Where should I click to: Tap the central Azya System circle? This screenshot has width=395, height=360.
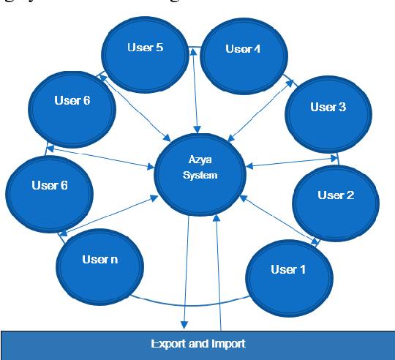tap(200, 169)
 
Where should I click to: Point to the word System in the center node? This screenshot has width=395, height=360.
tap(200, 176)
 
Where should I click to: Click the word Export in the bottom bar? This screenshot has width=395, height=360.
tap(168, 343)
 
